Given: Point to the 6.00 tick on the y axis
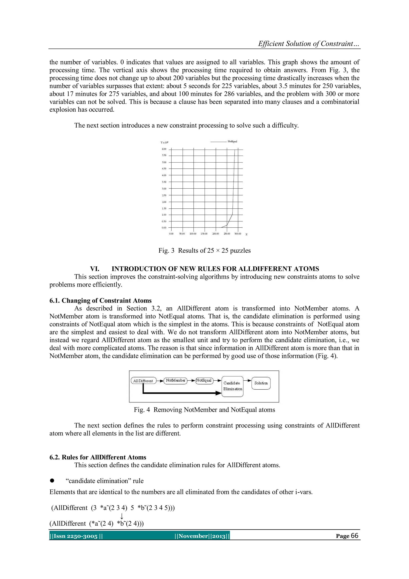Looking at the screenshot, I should [164, 149].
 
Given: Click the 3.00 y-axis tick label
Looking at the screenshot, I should [164, 189].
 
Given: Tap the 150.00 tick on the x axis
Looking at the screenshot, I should [204, 234].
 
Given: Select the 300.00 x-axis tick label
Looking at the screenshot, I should [237, 234].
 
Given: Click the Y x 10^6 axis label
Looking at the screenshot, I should [164, 142].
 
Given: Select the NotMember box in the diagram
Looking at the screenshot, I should [176, 381].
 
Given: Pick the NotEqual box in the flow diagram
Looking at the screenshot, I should [204, 381].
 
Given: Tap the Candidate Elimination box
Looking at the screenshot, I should [232, 386].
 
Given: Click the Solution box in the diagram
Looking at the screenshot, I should [261, 383].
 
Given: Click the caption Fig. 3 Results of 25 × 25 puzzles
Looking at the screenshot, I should [204, 250].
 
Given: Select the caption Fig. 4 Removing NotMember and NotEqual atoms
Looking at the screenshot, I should [204, 410].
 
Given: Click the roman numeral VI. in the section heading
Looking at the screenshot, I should [95, 269].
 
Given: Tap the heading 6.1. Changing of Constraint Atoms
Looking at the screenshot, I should [100, 301].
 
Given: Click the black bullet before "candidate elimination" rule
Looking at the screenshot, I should [52, 481].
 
